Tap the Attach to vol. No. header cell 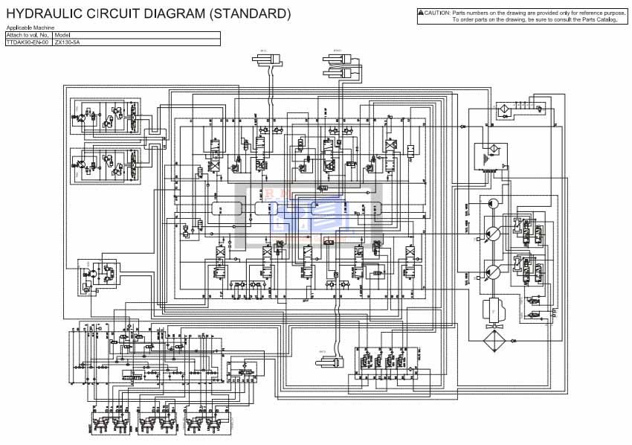pyautogui.click(x=28, y=35)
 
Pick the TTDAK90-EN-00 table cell pyautogui.click(x=28, y=42)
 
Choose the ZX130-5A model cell pyautogui.click(x=67, y=42)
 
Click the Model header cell pyautogui.click(x=62, y=35)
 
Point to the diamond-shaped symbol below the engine pyautogui.click(x=492, y=343)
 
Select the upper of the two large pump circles pyautogui.click(x=491, y=231)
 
